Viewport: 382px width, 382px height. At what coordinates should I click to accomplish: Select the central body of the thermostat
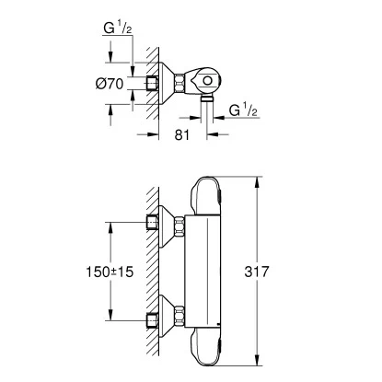point(205,272)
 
